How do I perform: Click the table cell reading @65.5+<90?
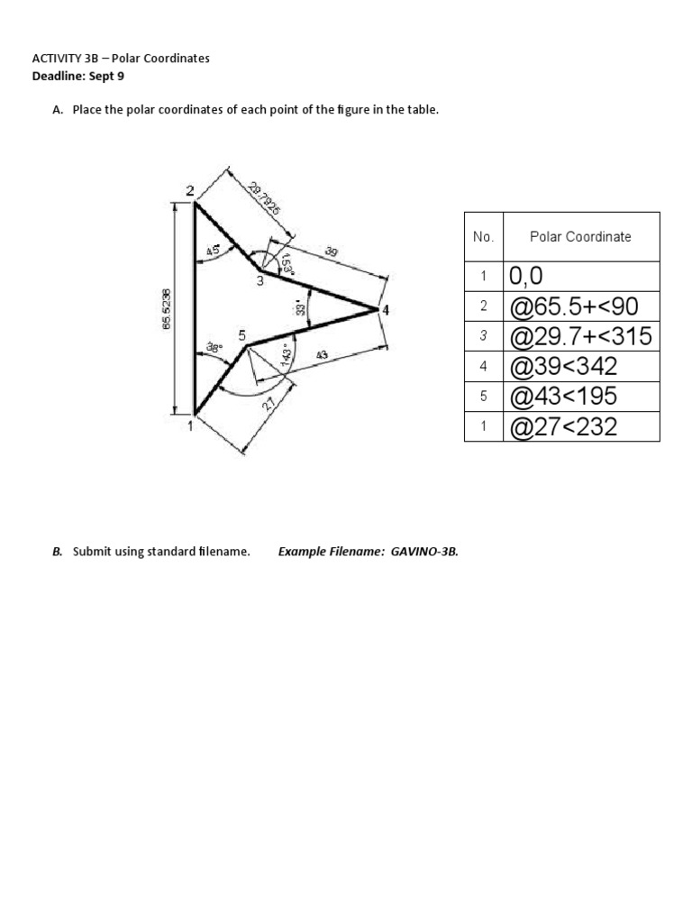coord(573,306)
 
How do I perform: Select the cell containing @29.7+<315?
coord(580,337)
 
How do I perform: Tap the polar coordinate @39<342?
coord(563,367)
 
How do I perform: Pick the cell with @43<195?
coord(563,397)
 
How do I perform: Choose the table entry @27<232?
coord(563,426)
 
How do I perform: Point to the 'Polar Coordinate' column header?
coord(580,237)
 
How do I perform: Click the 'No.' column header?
coord(483,237)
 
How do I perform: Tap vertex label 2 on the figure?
coord(190,190)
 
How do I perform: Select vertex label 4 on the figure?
coord(386,310)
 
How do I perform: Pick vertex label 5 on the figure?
coord(241,335)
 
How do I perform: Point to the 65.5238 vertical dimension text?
coord(167,308)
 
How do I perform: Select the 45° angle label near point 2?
coord(214,251)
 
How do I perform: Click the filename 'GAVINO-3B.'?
coord(424,552)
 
